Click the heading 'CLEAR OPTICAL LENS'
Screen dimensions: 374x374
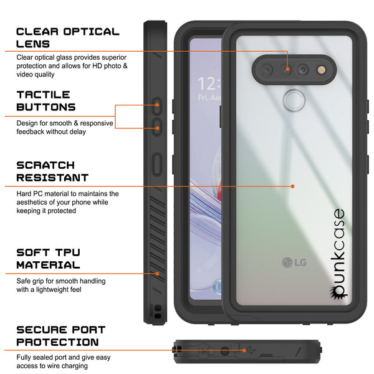68,38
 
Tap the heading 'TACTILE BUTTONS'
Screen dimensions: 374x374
46,101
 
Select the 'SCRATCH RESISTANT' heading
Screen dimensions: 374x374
52,171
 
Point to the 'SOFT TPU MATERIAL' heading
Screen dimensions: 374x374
49,259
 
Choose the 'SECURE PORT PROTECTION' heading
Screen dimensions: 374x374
61,336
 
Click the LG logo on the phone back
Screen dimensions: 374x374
294,262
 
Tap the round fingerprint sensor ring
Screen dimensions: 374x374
295,100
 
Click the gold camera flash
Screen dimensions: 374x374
322,70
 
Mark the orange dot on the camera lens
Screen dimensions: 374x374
287,69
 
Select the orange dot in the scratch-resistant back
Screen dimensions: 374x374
293,186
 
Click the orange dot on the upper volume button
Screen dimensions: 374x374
157,105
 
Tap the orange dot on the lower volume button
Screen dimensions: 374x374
158,128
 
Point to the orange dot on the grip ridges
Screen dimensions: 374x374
157,274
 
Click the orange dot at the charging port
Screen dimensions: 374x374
244,350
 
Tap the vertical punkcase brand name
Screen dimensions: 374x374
338,253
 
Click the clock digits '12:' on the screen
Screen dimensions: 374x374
209,84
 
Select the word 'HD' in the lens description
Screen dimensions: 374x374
97,66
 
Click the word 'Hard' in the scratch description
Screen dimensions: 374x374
24,194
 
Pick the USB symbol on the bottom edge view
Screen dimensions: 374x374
251,350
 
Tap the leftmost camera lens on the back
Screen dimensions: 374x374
267,70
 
